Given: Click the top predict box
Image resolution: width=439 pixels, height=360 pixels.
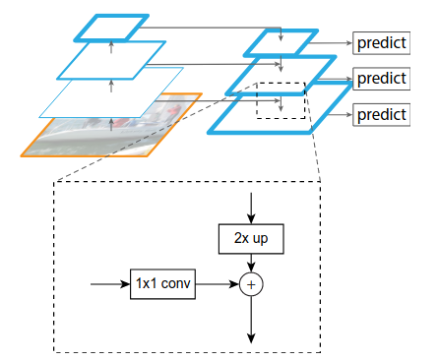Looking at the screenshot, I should (x=381, y=44).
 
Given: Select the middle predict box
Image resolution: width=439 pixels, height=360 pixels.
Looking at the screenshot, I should (x=381, y=78).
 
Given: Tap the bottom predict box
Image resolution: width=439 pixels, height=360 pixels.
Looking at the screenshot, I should (x=381, y=114).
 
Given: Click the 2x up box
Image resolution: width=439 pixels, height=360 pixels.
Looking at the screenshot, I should (x=253, y=238).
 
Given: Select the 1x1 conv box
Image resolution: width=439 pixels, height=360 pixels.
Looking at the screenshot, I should (x=163, y=284).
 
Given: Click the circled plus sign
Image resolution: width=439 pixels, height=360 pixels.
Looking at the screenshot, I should (x=253, y=284).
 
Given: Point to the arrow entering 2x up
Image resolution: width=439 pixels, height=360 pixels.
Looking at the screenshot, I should (x=253, y=207).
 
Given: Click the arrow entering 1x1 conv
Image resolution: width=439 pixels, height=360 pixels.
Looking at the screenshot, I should (x=109, y=284).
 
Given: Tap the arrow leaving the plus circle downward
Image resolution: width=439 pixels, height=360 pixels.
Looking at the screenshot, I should (x=253, y=320).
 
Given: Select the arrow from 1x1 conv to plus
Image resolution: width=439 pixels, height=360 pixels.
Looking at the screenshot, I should (x=219, y=284).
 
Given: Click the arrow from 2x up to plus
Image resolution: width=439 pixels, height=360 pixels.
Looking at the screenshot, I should (x=253, y=262).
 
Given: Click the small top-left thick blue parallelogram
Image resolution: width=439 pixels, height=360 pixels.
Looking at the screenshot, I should (x=113, y=27).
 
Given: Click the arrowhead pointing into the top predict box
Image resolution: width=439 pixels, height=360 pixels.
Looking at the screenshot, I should (x=348, y=44).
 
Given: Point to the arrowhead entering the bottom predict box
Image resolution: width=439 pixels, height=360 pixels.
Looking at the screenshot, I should (x=348, y=114).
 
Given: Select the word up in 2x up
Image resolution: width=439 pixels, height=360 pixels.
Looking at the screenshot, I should (x=266, y=238).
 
